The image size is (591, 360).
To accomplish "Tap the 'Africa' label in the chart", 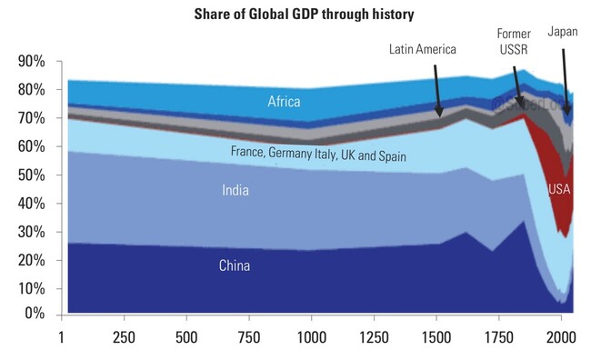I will click(284, 102).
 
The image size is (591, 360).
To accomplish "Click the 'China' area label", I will click(234, 266).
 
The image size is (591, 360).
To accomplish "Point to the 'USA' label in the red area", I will click(560, 189).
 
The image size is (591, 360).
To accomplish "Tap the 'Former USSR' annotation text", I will click(513, 41).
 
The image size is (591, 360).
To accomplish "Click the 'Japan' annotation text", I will click(563, 32).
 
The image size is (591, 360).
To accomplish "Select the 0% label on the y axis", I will click(35, 314).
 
